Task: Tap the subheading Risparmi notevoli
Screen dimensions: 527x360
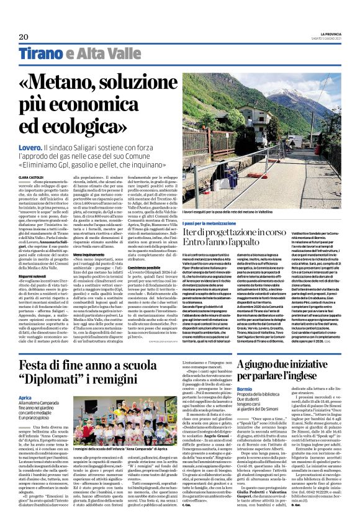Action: pos(37,258)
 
